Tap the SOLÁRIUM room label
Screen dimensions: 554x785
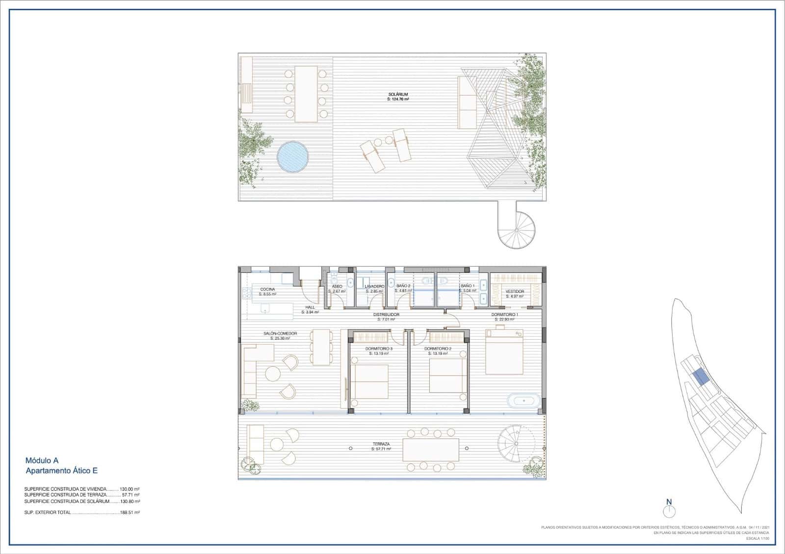(x=398, y=95)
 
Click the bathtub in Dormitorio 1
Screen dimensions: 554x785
(x=523, y=401)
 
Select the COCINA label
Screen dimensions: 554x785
(x=267, y=289)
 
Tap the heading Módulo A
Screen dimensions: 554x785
(x=42, y=460)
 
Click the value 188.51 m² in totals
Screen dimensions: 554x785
(x=130, y=512)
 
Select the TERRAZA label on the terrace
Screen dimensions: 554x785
(x=380, y=444)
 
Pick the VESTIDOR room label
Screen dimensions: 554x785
(x=515, y=291)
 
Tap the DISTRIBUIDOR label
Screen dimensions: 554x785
(x=386, y=314)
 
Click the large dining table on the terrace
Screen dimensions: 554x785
(x=431, y=450)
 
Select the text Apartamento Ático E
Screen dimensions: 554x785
(x=61, y=471)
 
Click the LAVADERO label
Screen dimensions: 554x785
(x=374, y=286)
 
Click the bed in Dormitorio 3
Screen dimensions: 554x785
(x=369, y=381)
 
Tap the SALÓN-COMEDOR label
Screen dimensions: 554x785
(x=280, y=333)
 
